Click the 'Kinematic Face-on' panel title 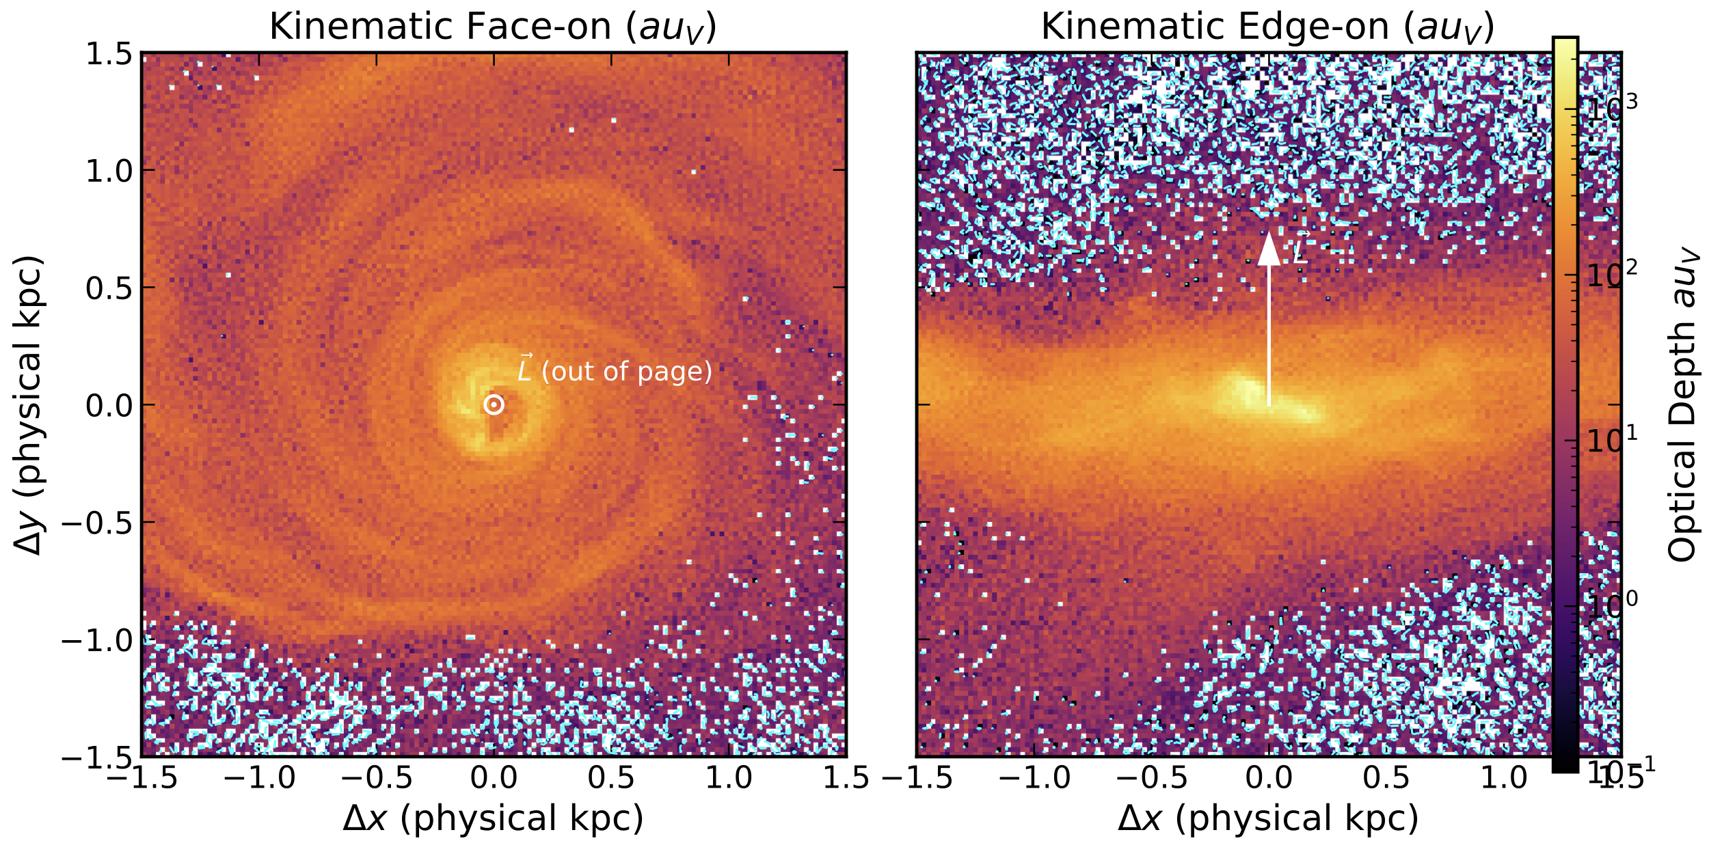click(493, 28)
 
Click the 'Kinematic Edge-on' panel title click(1267, 28)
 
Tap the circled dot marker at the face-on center click(494, 405)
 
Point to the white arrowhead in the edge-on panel click(1269, 249)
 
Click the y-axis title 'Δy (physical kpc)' click(29, 404)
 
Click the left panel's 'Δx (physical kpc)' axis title click(493, 818)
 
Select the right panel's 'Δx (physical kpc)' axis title click(1268, 818)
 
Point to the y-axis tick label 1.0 click(109, 170)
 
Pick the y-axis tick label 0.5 click(109, 288)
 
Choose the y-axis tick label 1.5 click(109, 54)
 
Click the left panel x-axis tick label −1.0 click(260, 778)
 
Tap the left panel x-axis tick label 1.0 click(729, 778)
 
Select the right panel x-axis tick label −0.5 click(1152, 778)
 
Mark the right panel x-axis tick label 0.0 click(1269, 778)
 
